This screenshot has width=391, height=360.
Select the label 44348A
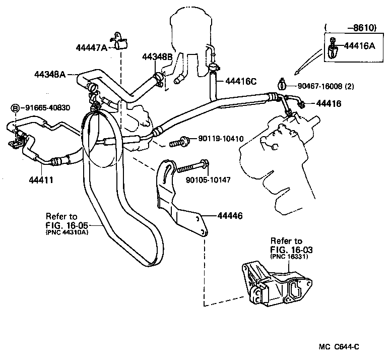click(50, 75)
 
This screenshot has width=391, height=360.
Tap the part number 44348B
click(157, 57)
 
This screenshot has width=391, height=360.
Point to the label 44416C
click(241, 81)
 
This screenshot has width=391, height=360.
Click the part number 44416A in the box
click(360, 46)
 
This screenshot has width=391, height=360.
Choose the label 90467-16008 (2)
click(325, 86)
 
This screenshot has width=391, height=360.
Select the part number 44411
click(34, 179)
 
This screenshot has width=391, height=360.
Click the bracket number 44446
click(230, 216)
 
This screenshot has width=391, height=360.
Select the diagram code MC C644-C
click(339, 346)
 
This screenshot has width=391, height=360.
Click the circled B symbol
click(15, 107)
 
